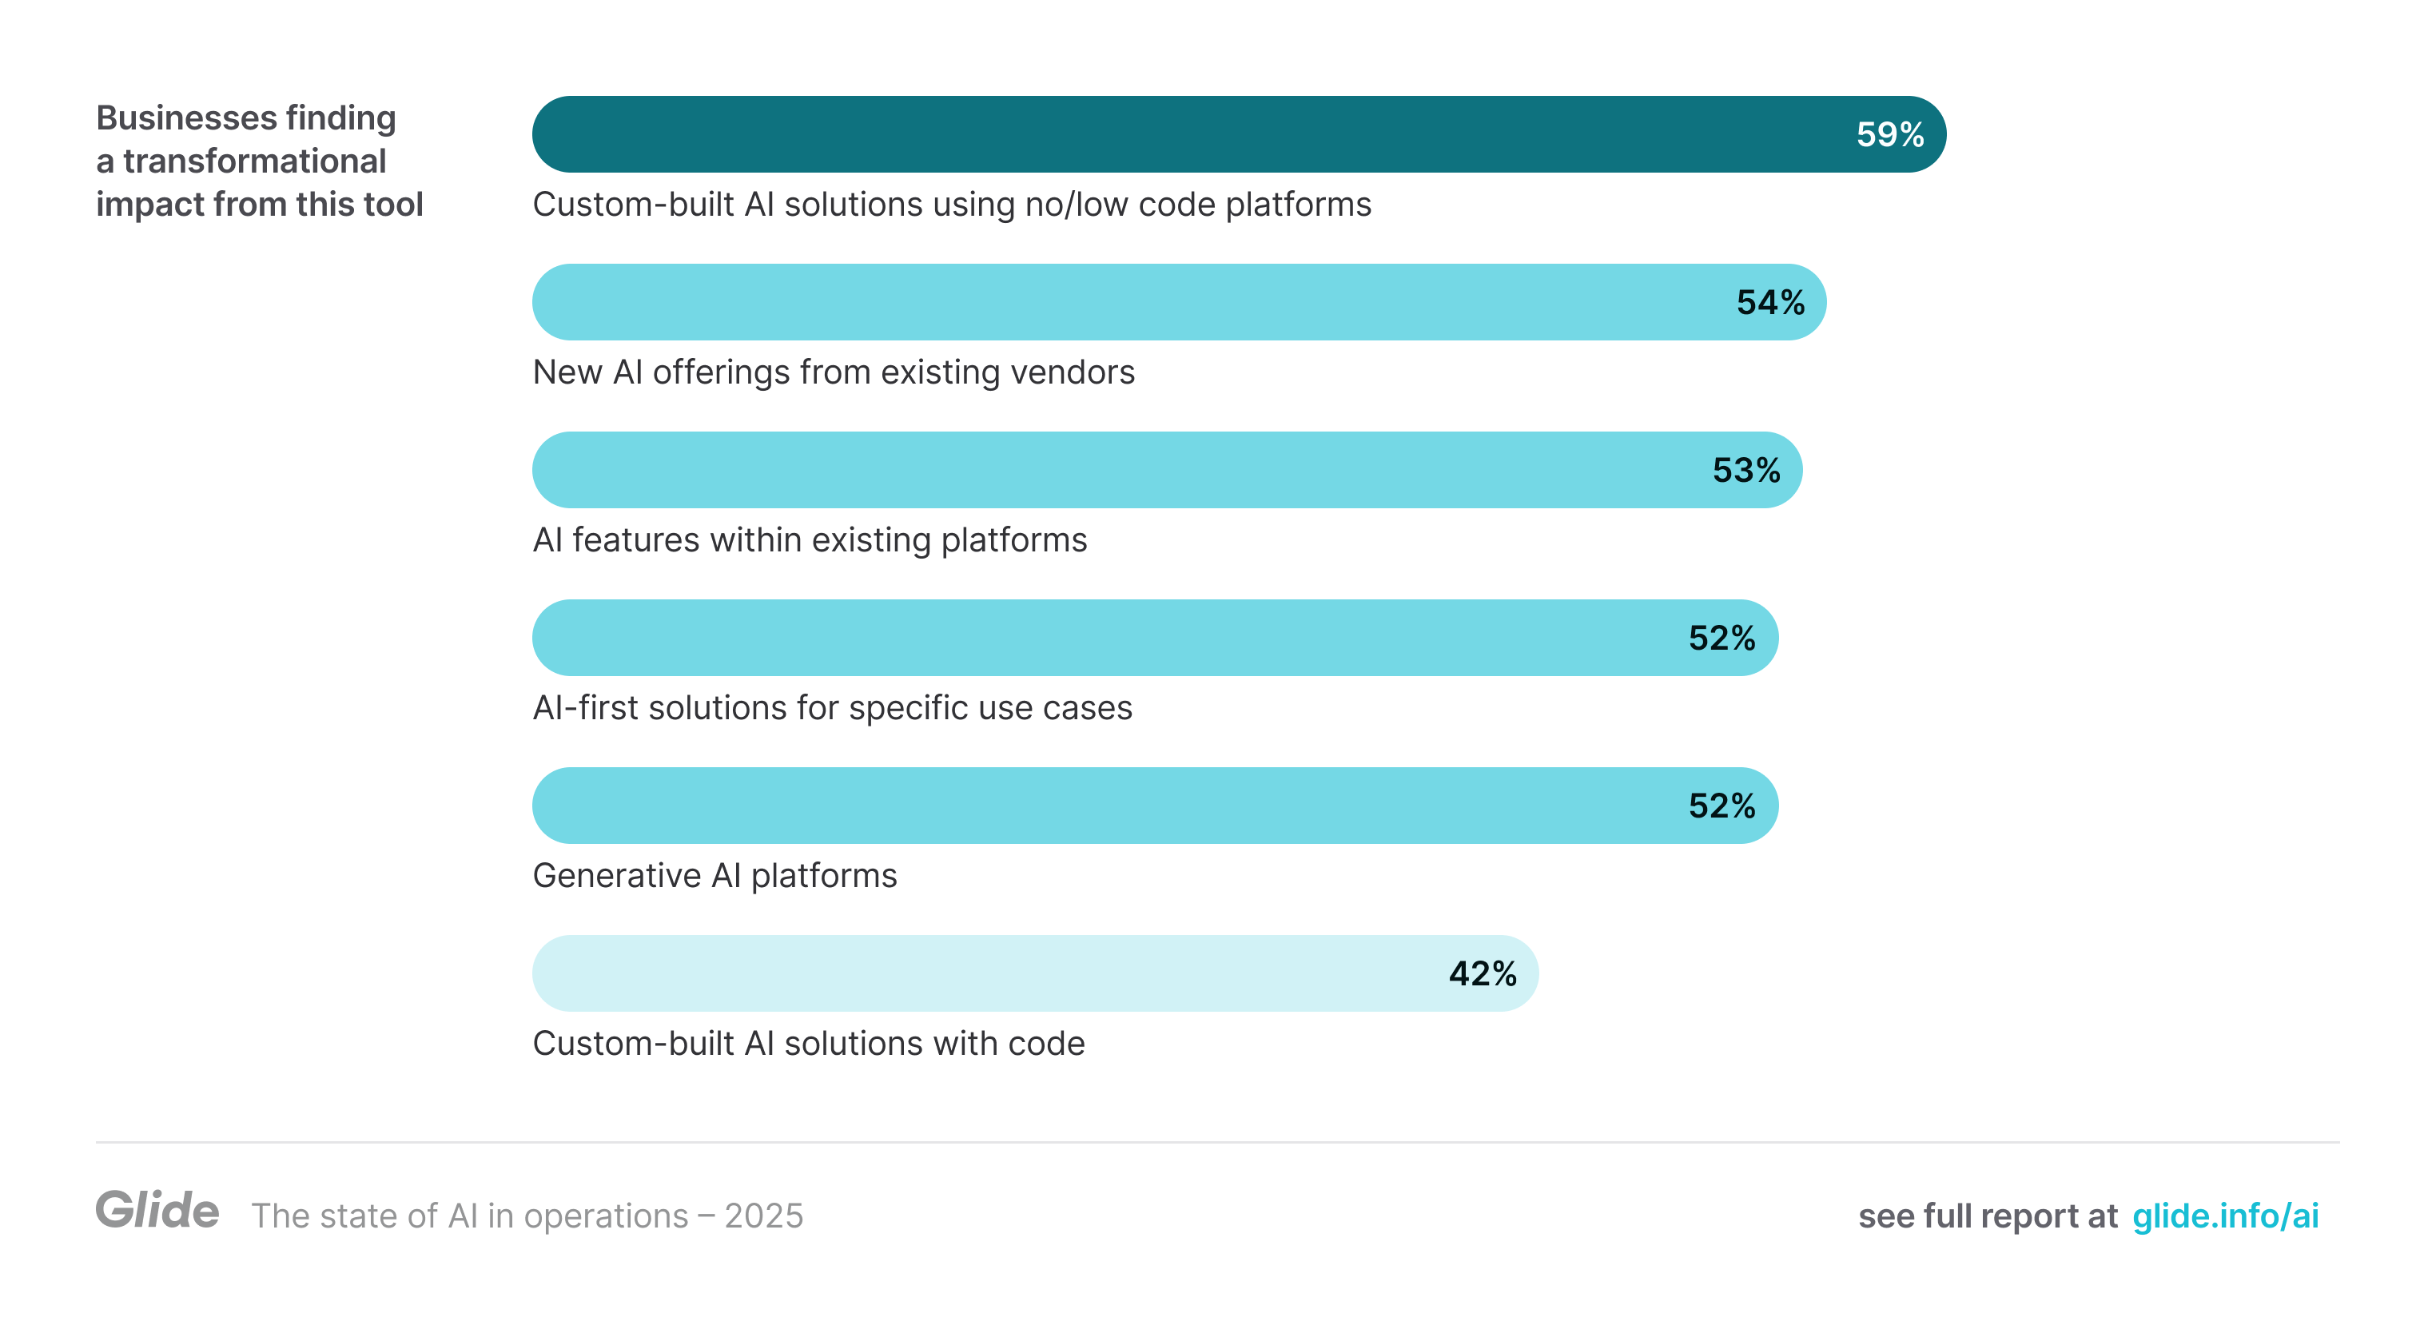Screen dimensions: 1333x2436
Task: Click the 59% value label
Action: tap(1889, 134)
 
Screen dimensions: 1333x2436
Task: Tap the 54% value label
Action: tap(1770, 303)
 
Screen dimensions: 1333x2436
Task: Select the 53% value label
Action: tap(1745, 470)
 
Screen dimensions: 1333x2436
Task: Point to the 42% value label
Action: tap(1482, 973)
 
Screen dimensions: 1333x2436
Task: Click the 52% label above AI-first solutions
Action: tap(1721, 639)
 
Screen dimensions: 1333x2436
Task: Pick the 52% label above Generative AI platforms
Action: tap(1721, 806)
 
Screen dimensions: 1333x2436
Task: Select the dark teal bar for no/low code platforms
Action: tap(1135, 134)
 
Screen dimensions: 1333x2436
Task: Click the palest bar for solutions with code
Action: tap(945, 973)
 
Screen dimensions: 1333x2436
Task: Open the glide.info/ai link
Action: tap(2224, 1216)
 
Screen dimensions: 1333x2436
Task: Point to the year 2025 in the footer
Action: tap(763, 1216)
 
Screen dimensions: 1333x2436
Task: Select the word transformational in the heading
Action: tap(254, 161)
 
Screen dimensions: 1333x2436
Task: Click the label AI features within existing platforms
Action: tap(810, 539)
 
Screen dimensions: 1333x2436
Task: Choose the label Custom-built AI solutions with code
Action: tap(809, 1044)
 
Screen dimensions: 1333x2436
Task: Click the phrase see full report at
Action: tap(1987, 1216)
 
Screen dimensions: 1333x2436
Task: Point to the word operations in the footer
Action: tap(605, 1216)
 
